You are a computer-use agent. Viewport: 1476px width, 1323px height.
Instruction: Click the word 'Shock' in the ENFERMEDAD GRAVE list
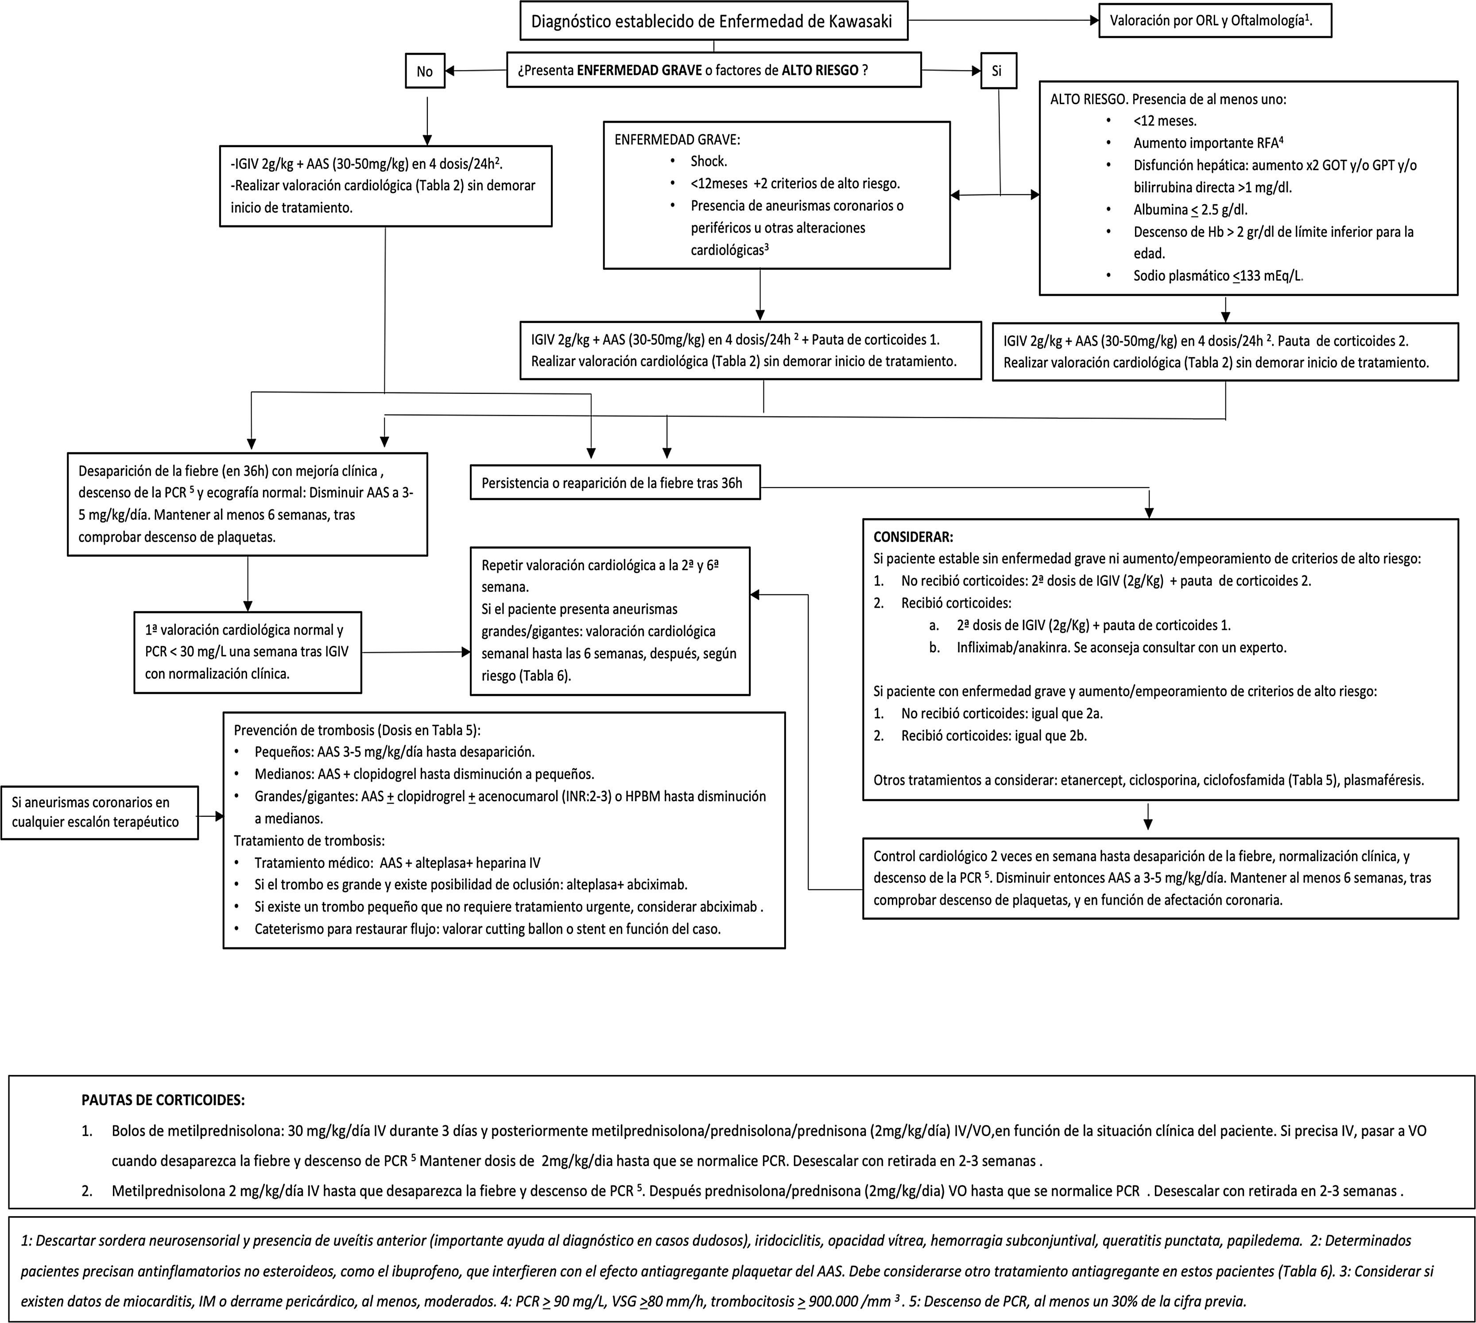[x=709, y=161]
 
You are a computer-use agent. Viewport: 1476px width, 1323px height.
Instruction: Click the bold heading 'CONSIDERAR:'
[x=913, y=537]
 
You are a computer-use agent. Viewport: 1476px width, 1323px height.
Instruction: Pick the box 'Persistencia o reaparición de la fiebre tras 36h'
[x=615, y=483]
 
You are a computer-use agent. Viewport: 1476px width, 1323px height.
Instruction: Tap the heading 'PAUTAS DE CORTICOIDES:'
[x=163, y=1100]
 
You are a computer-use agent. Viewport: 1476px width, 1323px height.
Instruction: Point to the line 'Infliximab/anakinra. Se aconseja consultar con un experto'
[x=1121, y=648]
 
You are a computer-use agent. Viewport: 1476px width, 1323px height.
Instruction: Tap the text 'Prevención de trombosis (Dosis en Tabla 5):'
[x=357, y=730]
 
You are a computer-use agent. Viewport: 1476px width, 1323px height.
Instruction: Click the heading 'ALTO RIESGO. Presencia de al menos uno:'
[x=1168, y=99]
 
